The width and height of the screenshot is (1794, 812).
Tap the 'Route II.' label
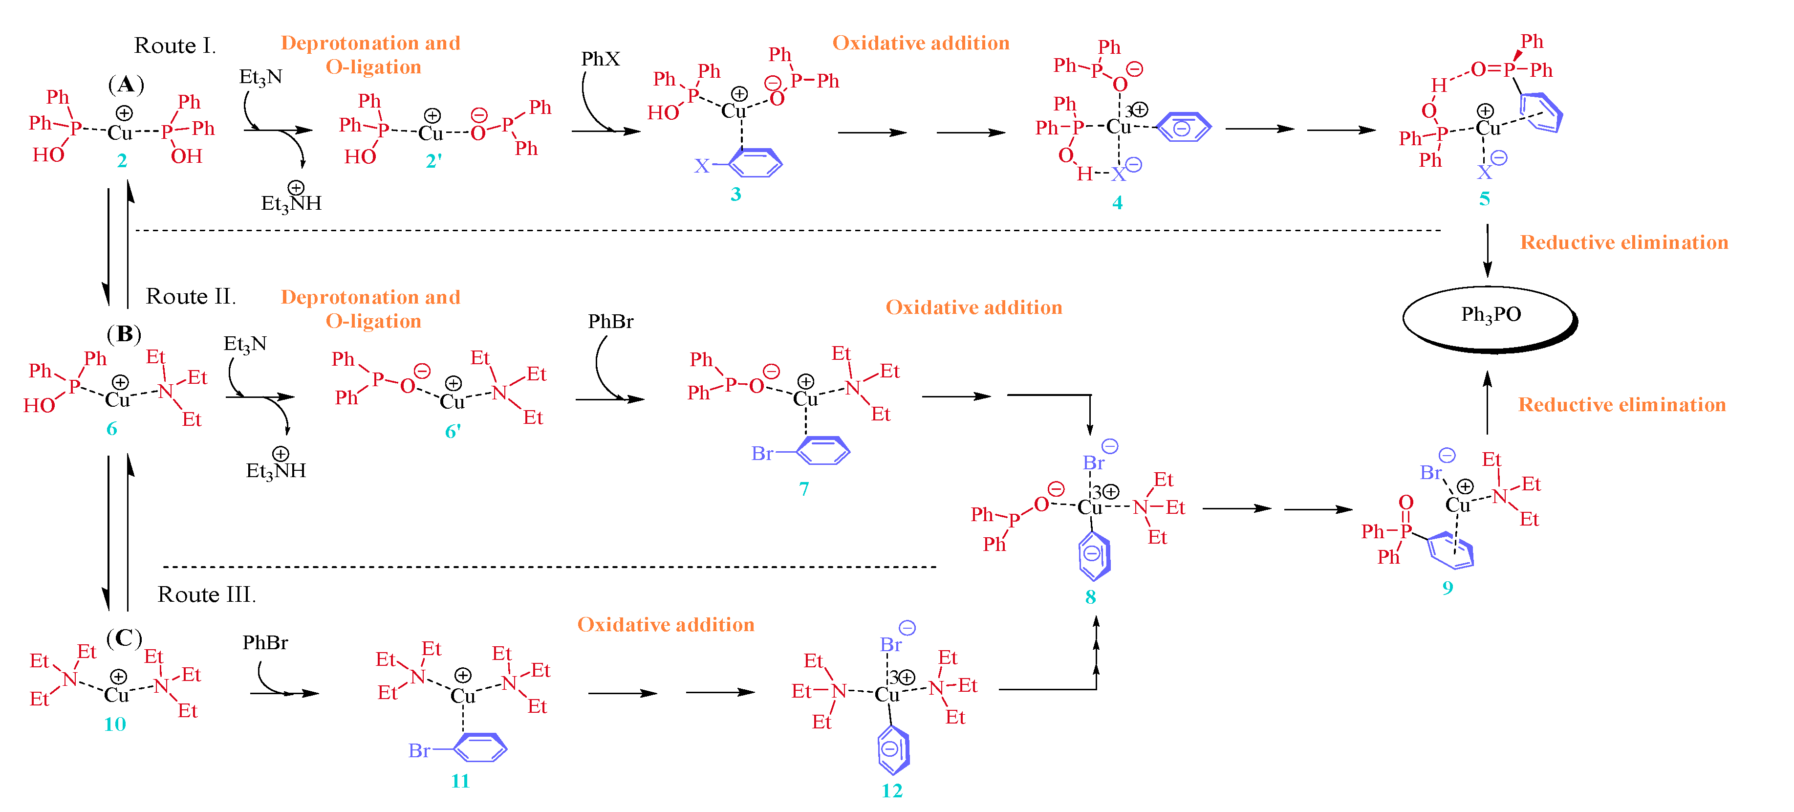tap(191, 297)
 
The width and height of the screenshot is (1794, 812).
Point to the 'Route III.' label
tap(207, 595)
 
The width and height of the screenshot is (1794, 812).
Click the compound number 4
tap(1117, 203)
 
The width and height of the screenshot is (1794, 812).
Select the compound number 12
tap(891, 790)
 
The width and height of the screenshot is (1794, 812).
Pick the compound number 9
tap(1447, 588)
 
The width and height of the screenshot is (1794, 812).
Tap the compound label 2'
tap(433, 161)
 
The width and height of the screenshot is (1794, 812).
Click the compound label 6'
tap(453, 432)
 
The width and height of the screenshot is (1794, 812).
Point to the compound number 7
tap(804, 489)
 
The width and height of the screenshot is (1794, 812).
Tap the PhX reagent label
tap(600, 59)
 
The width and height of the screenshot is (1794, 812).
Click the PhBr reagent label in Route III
tap(265, 643)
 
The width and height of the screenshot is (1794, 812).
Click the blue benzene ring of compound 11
tap(480, 748)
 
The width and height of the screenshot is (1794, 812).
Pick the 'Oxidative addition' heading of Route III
tap(666, 625)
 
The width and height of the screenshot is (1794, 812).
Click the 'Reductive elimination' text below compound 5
tap(1623, 242)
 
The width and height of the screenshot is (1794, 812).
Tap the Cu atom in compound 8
tap(1090, 507)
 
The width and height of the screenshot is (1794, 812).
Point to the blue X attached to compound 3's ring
tap(701, 166)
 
